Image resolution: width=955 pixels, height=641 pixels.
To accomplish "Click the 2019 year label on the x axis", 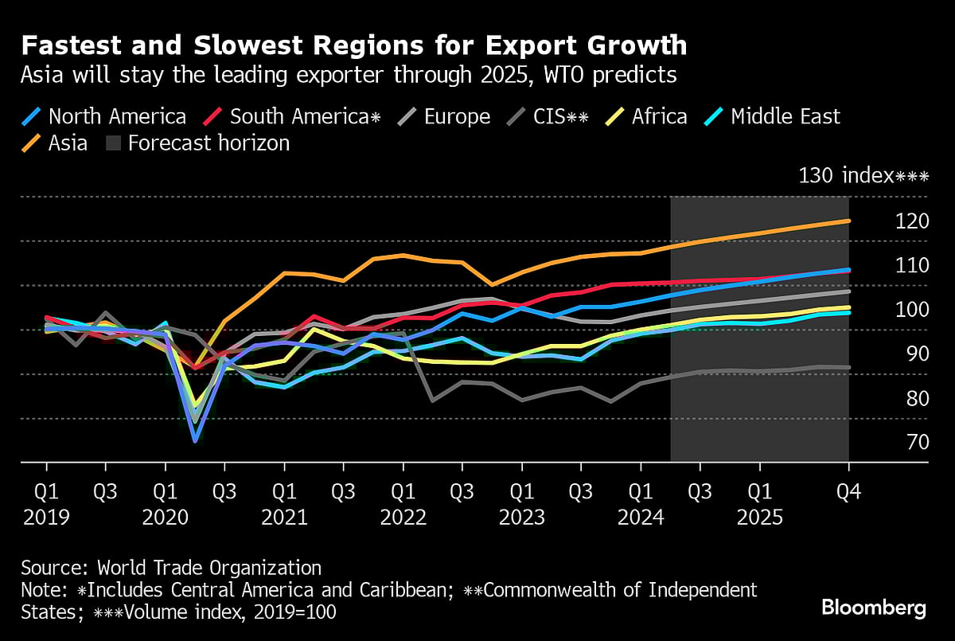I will [46, 518].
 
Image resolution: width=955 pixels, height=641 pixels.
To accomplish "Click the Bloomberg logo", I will [873, 608].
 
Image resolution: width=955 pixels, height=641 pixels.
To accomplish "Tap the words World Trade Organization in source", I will [209, 568].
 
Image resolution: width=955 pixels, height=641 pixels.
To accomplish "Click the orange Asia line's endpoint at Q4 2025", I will [848, 221].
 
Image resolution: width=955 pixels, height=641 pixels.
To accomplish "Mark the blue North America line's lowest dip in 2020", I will [195, 440].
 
